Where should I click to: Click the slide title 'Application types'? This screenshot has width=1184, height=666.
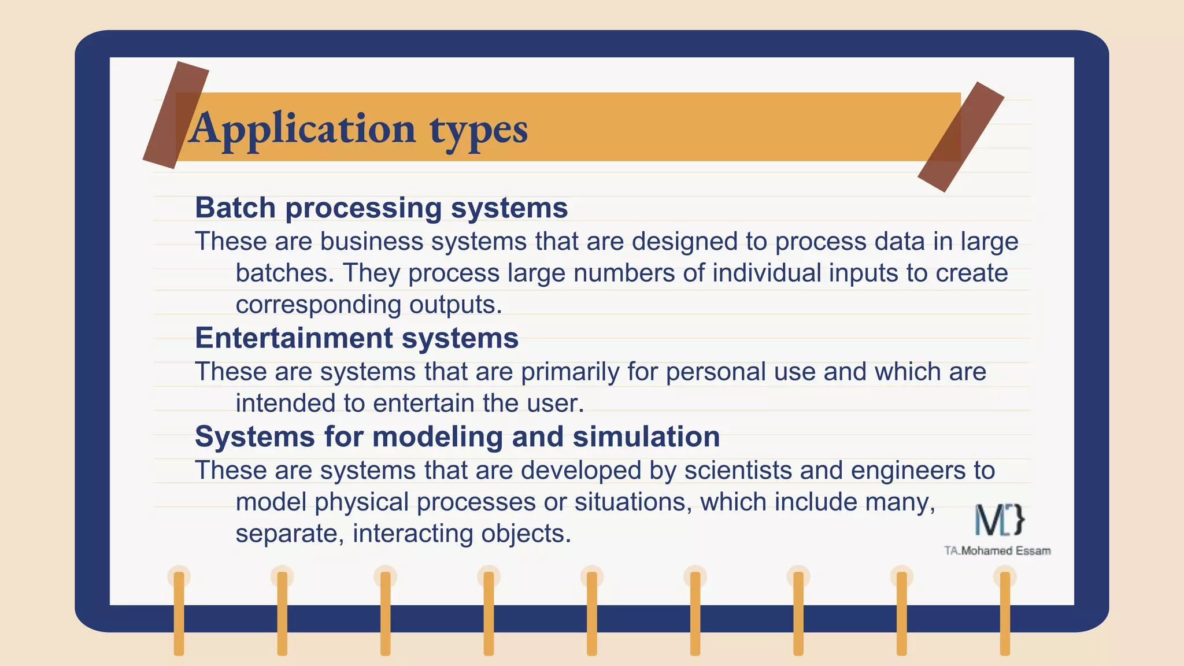click(358, 128)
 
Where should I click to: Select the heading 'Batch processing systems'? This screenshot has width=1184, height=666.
click(382, 208)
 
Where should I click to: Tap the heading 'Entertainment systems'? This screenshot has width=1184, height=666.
click(357, 338)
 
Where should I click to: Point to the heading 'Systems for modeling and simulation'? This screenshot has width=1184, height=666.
click(457, 436)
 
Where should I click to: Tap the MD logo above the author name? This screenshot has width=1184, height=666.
click(999, 519)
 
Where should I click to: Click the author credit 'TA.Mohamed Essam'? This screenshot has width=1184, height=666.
click(997, 551)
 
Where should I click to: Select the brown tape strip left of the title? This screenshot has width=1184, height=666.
click(176, 115)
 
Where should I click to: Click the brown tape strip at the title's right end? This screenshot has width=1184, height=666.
click(960, 137)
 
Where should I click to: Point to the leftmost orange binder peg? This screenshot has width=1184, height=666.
click(179, 613)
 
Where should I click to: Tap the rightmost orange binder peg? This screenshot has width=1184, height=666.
click(1005, 613)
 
